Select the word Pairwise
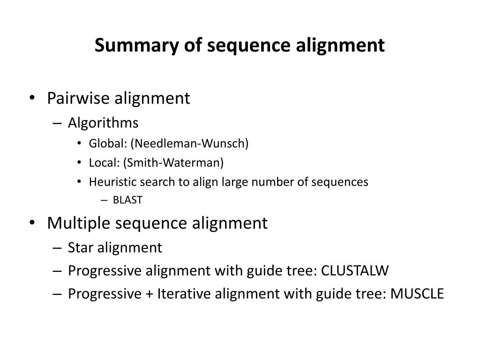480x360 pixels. point(77,98)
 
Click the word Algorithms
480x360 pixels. point(103,123)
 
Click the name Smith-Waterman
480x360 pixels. point(174,163)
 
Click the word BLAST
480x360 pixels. point(127,201)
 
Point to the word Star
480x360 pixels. point(81,247)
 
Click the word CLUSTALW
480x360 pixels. point(355,271)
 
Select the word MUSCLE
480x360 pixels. point(417,294)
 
